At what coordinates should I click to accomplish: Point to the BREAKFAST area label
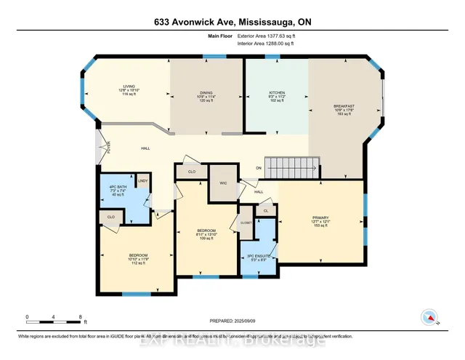344,106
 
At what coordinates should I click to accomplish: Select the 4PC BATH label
117,191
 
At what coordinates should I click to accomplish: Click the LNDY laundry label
143,180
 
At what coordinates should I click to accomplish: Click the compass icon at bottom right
429,317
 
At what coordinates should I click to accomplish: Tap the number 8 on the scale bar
80,317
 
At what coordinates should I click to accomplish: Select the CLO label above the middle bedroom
192,172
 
